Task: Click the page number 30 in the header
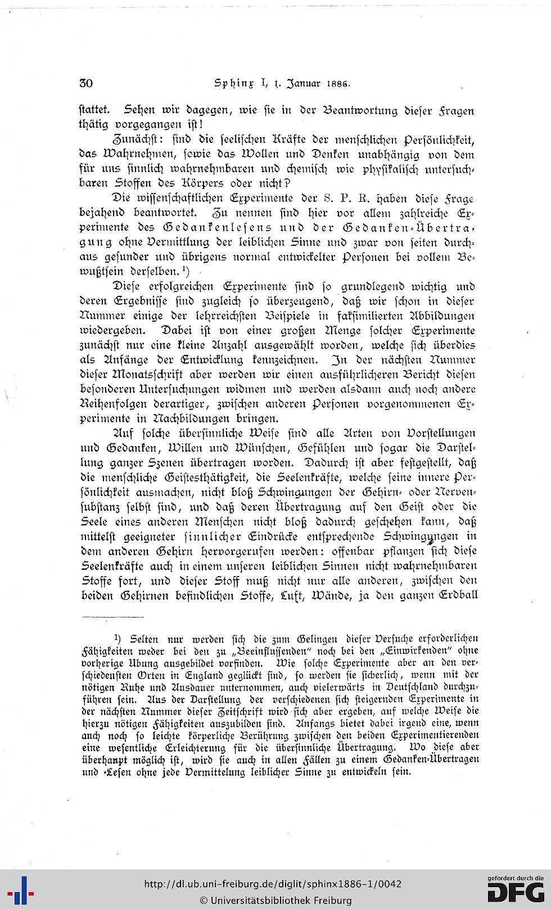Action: click(86, 84)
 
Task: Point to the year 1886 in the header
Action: click(337, 85)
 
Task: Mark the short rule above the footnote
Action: click(105, 617)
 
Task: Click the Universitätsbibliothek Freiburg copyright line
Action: click(275, 900)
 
